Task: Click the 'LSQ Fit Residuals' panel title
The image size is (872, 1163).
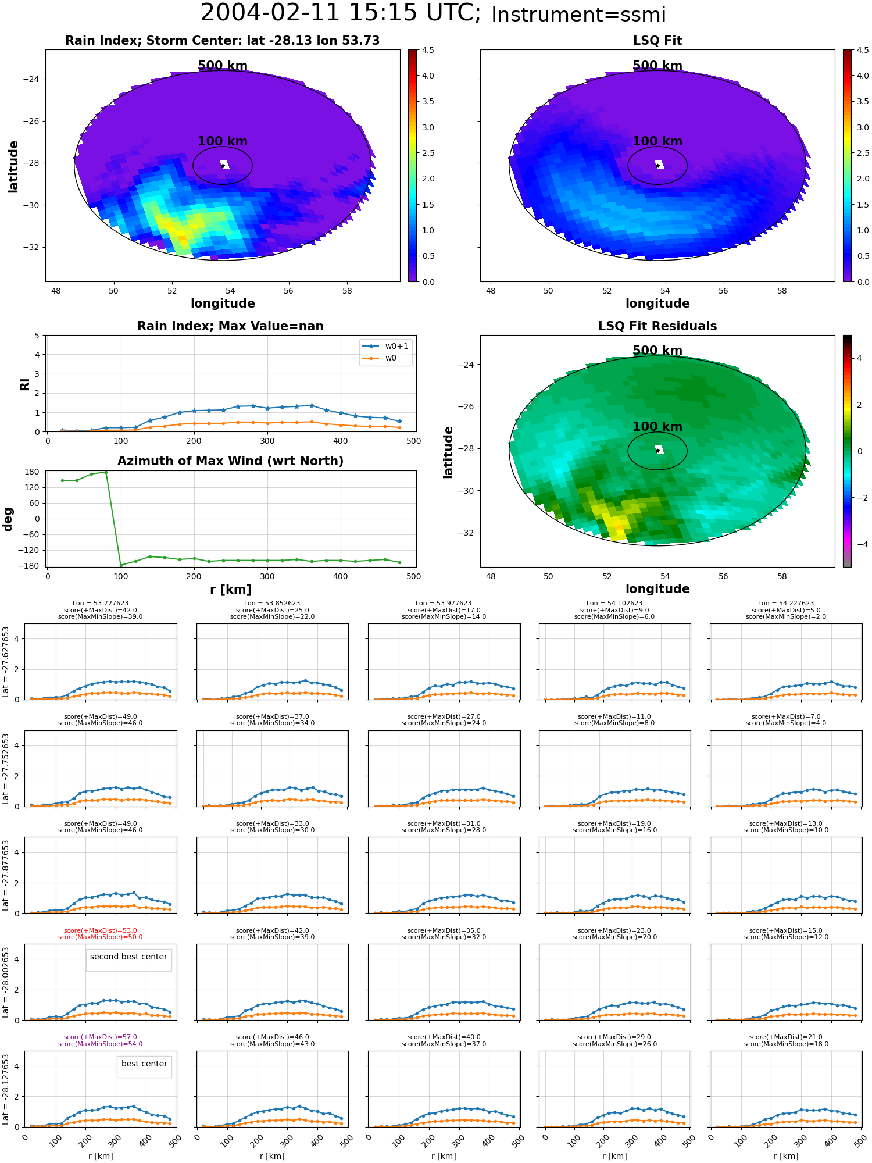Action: [x=657, y=326]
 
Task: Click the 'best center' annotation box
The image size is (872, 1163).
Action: [x=144, y=1064]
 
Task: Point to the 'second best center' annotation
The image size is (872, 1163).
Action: [x=128, y=957]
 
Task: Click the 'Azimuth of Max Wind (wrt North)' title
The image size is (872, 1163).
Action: [x=231, y=461]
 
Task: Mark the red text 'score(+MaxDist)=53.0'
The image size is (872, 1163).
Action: [x=100, y=930]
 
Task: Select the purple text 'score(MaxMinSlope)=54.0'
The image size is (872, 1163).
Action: [x=100, y=1044]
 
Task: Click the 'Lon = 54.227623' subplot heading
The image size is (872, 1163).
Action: [x=786, y=604]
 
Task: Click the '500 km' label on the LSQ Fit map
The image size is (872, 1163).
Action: [x=657, y=66]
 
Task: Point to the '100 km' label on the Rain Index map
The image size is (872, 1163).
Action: [x=223, y=141]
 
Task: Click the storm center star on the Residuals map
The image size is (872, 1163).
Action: [x=657, y=451]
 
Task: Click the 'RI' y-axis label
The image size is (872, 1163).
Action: [x=24, y=384]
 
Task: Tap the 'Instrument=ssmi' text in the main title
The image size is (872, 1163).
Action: [x=578, y=15]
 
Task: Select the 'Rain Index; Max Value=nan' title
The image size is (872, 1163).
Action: [x=230, y=326]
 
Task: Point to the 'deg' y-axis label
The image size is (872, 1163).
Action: [x=8, y=519]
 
